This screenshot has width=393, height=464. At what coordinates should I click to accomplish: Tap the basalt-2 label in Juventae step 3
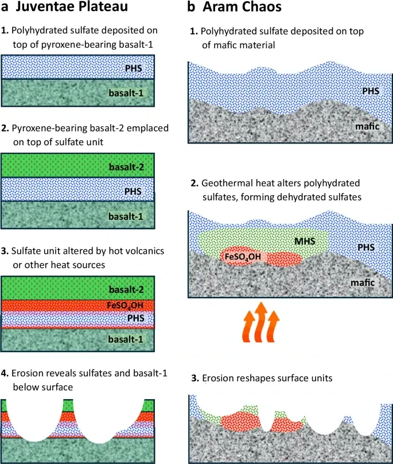(128, 288)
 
